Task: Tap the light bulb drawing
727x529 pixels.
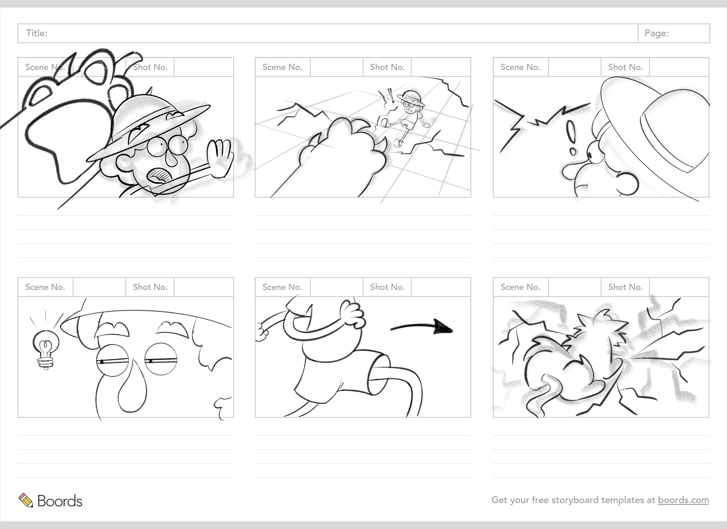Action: tap(45, 349)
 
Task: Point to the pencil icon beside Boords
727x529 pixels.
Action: tap(26, 500)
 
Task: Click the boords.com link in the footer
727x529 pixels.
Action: tap(683, 500)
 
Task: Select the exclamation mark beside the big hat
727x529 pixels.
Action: tap(571, 138)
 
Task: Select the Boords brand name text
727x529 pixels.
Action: tap(60, 501)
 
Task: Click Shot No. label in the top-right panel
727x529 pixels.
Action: tap(625, 67)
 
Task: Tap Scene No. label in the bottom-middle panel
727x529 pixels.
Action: tap(282, 287)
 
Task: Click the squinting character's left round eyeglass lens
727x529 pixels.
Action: tap(112, 360)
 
